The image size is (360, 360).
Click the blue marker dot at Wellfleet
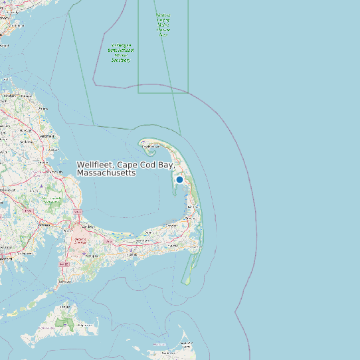point(179,179)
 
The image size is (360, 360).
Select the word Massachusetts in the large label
point(106,173)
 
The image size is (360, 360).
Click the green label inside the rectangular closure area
point(163,24)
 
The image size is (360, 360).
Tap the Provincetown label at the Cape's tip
point(147,147)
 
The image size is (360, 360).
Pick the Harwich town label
point(174,246)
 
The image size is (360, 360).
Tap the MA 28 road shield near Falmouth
point(64,264)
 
